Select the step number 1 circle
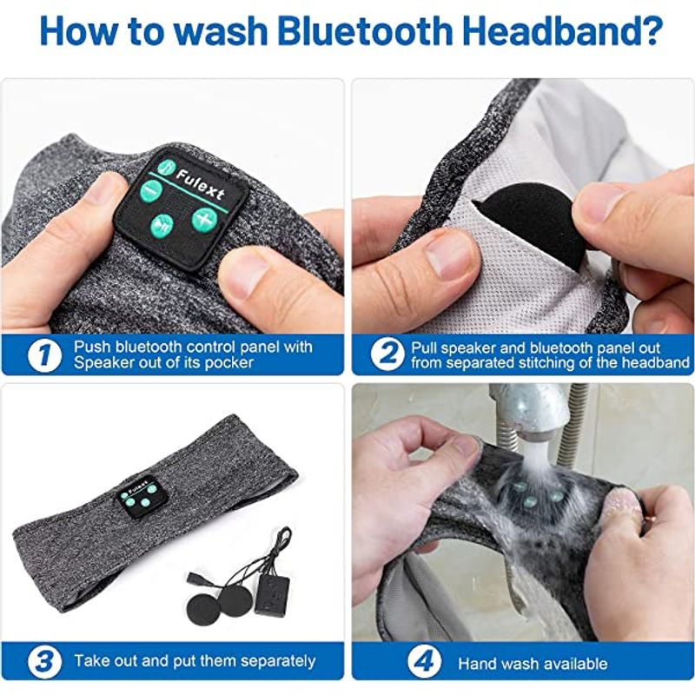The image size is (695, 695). [44, 355]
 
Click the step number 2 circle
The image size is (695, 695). [387, 354]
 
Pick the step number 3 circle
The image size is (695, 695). [44, 662]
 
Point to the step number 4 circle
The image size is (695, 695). [425, 662]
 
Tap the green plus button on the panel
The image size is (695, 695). [204, 220]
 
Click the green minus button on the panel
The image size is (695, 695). [150, 190]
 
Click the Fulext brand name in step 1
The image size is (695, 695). [200, 185]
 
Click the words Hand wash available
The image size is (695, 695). [533, 663]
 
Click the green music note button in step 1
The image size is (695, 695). [166, 167]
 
